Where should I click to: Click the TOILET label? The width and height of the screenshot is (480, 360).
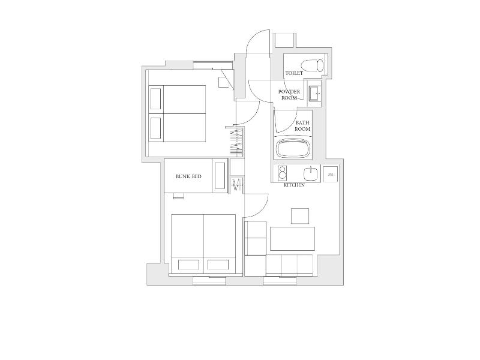tap(294, 73)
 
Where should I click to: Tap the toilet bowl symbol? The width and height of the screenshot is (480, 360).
tap(312, 65)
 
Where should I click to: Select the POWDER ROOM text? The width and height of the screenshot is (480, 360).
tap(289, 95)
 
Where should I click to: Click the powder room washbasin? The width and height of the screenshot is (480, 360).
tap(314, 93)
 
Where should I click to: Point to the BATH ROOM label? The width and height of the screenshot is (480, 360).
tap(302, 126)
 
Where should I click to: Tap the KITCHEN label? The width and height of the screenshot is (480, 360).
tap(294, 185)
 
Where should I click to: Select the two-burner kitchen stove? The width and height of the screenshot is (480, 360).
tap(282, 173)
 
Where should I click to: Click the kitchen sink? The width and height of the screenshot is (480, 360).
tap(311, 174)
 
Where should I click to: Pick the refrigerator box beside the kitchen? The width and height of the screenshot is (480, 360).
tap(331, 174)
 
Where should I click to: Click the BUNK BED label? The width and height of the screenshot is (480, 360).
tap(188, 176)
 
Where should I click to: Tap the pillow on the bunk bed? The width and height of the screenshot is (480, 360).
tap(220, 176)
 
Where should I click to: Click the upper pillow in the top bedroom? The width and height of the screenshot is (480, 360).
tap(156, 99)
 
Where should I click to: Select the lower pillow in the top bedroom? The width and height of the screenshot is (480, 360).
tap(156, 128)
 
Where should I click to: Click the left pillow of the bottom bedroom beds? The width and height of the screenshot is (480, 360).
tap(188, 265)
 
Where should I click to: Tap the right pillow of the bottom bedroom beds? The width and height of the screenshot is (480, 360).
tap(218, 265)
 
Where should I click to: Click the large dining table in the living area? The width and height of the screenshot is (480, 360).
tap(292, 239)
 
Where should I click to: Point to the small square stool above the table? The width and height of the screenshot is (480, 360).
tap(300, 216)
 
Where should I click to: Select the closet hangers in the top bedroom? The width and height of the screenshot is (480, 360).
tap(236, 143)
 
